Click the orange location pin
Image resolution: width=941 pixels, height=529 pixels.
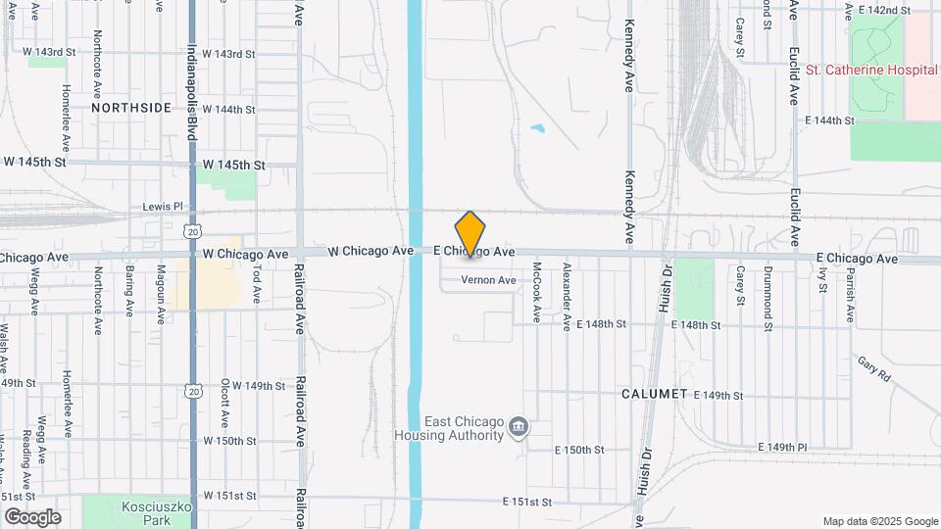pyautogui.click(x=470, y=233)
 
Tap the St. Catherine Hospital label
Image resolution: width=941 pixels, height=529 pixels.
pyautogui.click(x=870, y=71)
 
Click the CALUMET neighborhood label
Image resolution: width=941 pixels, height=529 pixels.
pyautogui.click(x=655, y=394)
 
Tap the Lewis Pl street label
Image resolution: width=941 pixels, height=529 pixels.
pyautogui.click(x=163, y=207)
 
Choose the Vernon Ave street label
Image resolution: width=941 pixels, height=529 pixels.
pyautogui.click(x=488, y=280)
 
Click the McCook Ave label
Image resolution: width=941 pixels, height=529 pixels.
pyautogui.click(x=537, y=291)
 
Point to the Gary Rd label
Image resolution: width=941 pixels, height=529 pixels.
pyautogui.click(x=871, y=368)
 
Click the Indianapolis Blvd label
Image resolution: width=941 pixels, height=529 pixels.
pyautogui.click(x=192, y=94)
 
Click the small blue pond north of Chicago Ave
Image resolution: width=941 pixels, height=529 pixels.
pyautogui.click(x=537, y=127)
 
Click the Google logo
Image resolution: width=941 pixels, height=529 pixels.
pyautogui.click(x=32, y=517)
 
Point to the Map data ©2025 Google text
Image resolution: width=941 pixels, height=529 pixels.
pyautogui.click(x=879, y=521)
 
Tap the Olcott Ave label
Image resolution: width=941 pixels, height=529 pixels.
pyautogui.click(x=225, y=403)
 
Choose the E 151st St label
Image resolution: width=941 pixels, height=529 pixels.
pyautogui.click(x=528, y=502)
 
